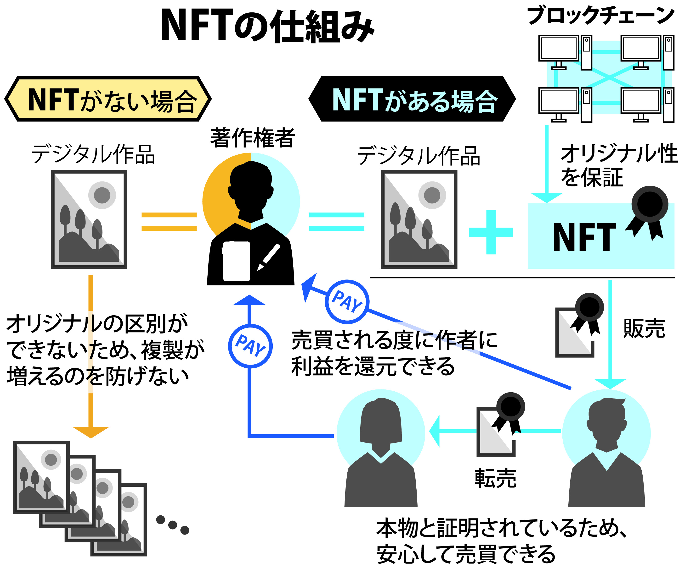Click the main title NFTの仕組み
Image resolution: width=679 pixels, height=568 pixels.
click(268, 26)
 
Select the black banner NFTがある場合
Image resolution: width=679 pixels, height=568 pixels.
click(412, 99)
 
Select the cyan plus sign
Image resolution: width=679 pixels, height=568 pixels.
click(491, 233)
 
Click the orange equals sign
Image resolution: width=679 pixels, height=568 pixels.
click(169, 222)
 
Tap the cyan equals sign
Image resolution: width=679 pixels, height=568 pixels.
click(337, 222)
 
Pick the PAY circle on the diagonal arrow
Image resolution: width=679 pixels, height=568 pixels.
click(347, 302)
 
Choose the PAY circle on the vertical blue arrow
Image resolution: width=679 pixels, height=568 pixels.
click(250, 346)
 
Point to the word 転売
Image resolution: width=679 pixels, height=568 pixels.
click(495, 478)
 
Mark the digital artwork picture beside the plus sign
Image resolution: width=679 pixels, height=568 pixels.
click(419, 220)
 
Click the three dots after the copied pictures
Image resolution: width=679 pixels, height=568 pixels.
click(172, 525)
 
